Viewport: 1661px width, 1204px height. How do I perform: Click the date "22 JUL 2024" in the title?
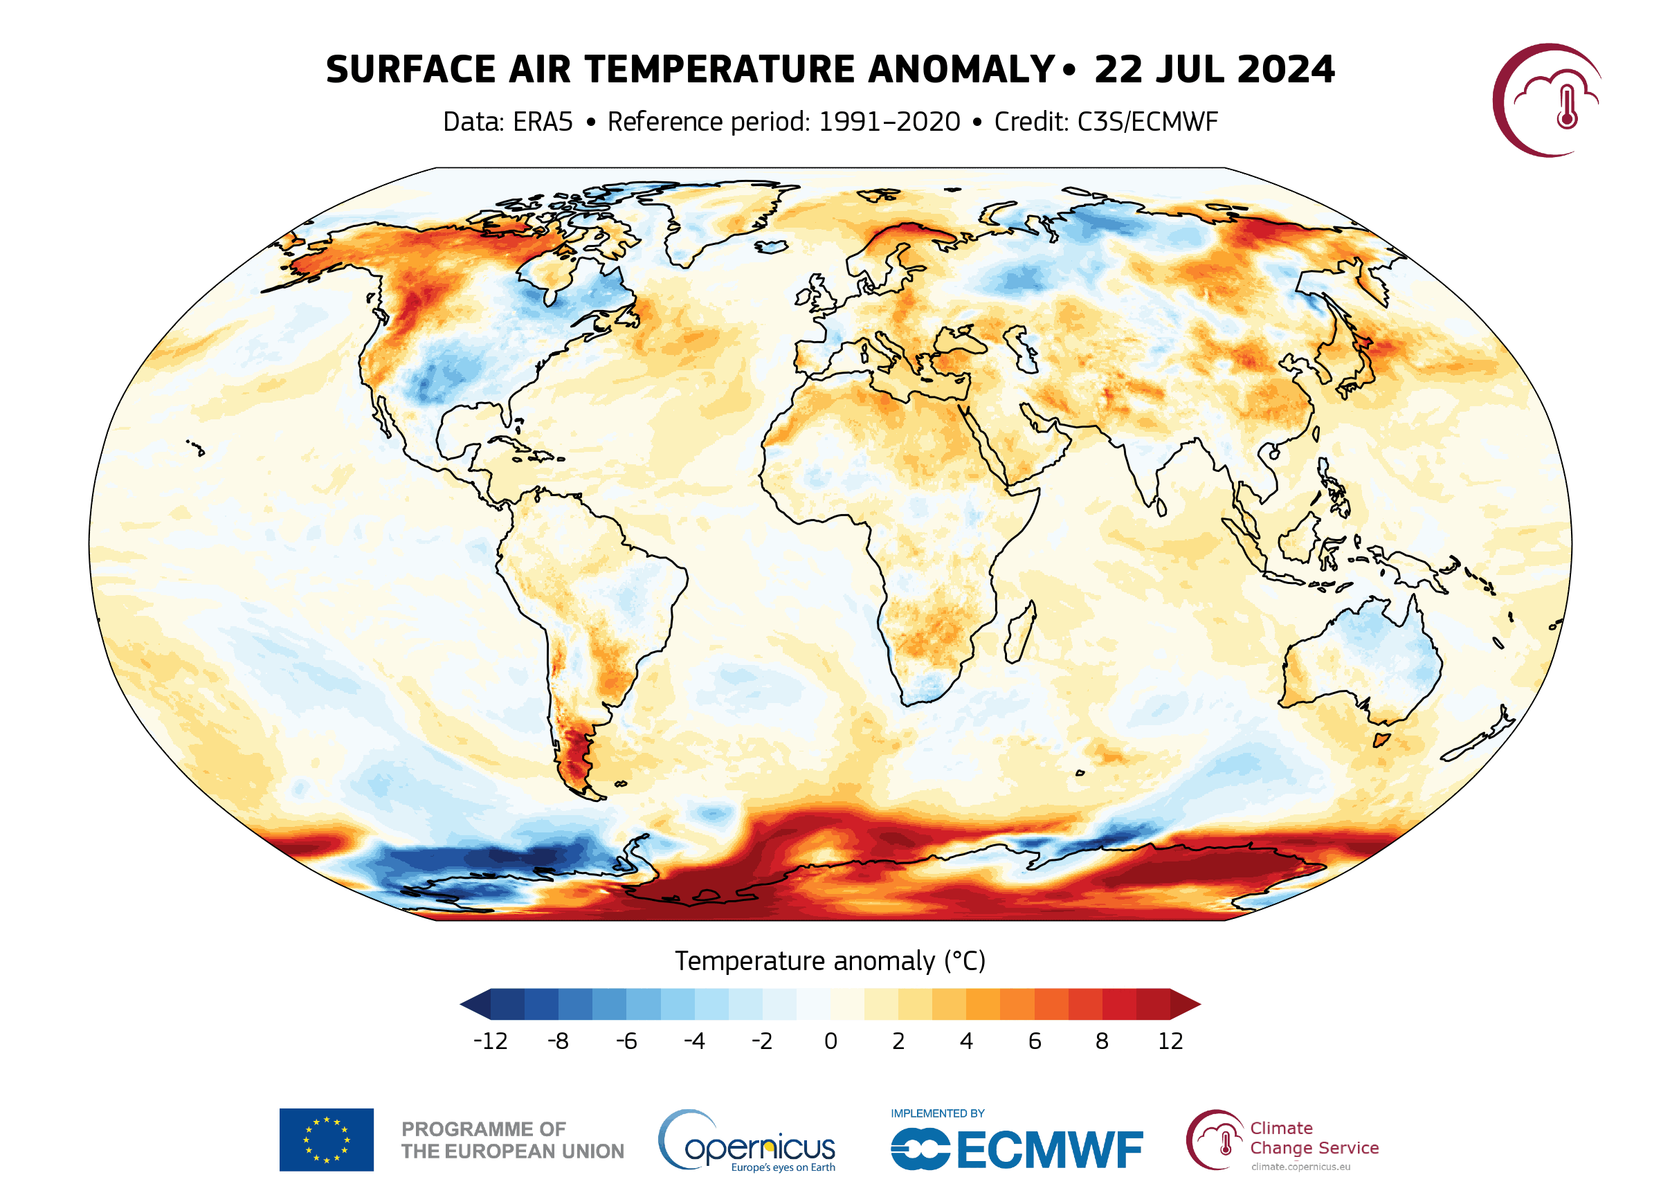point(1214,70)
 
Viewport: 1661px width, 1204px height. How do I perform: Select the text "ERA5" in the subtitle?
point(543,122)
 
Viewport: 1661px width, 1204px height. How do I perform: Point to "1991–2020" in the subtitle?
point(889,122)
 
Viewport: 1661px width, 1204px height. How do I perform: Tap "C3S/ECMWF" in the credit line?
point(1147,122)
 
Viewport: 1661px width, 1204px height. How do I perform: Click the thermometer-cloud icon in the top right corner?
point(1547,100)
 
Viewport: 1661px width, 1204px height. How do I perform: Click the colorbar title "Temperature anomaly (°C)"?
point(830,961)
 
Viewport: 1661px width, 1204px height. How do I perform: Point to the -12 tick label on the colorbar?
point(490,1041)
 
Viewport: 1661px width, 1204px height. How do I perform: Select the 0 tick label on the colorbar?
point(831,1041)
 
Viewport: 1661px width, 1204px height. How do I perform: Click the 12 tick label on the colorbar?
point(1170,1041)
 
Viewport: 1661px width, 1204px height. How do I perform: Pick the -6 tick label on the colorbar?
point(626,1041)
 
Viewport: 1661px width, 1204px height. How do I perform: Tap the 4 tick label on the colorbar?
point(967,1041)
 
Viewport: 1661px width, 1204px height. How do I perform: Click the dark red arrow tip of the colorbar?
point(1185,1004)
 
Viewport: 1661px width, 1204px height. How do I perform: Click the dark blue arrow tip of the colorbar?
point(476,1004)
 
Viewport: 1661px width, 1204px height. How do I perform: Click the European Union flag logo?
point(326,1140)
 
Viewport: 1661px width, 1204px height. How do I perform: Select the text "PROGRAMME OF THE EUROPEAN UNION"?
point(512,1140)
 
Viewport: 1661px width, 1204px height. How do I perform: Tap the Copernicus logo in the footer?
point(747,1141)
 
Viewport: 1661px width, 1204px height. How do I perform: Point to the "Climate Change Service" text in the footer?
point(1314,1138)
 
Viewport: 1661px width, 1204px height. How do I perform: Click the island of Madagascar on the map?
point(1019,632)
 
